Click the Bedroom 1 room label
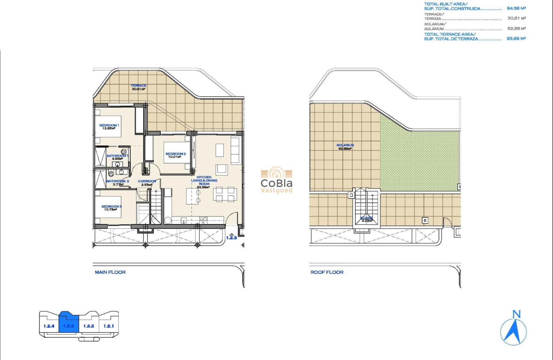point(109,126)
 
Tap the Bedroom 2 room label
point(175,155)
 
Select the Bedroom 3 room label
point(111,208)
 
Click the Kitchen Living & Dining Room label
point(204,182)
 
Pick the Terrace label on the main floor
point(138,87)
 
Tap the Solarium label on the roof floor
point(346,147)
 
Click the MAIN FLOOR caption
point(110,272)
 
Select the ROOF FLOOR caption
point(327,272)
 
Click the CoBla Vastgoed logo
point(276,180)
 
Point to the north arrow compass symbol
point(514,328)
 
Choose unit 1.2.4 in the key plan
point(49,326)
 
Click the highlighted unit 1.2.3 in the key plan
point(69,326)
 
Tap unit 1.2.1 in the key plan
point(108,326)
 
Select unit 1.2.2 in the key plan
point(89,326)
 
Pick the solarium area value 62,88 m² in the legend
point(516,29)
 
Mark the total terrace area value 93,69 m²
point(516,39)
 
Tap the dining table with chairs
point(225,194)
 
